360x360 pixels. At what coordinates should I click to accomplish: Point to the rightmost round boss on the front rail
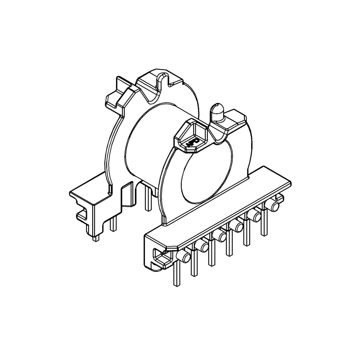click(x=273, y=207)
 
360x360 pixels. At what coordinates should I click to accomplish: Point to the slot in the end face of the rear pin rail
click(x=82, y=213)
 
